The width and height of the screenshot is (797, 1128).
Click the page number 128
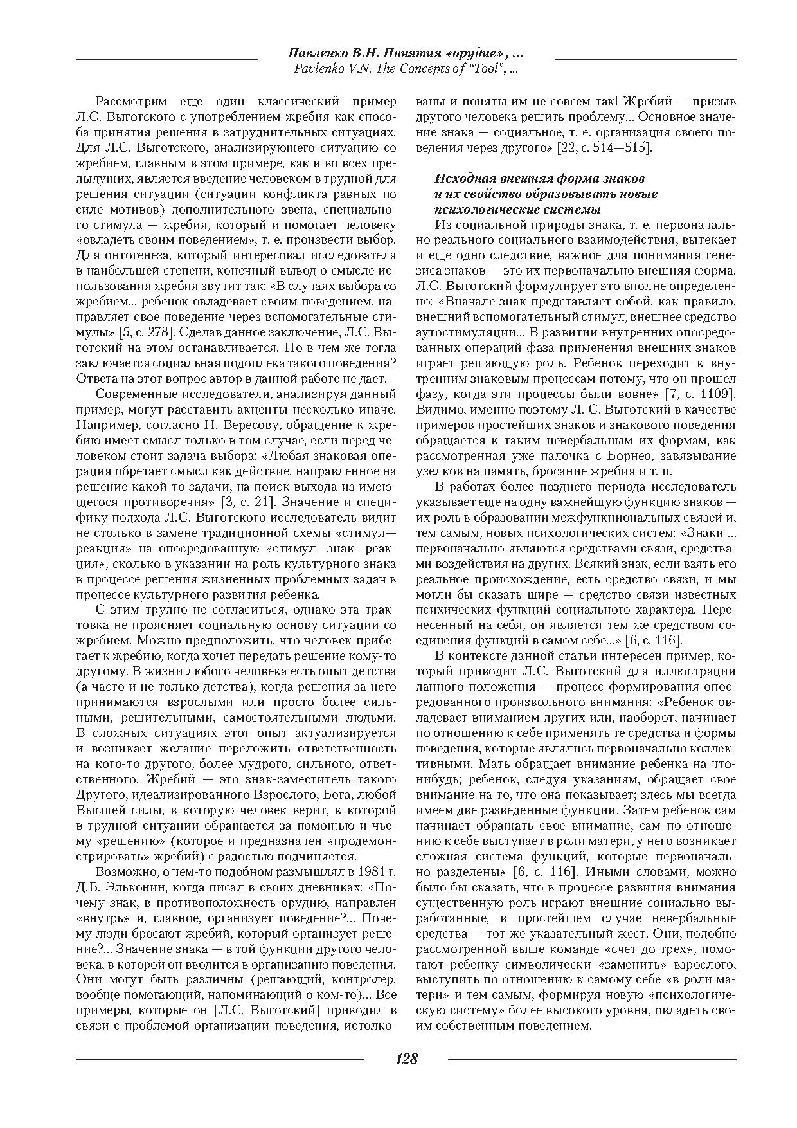(406, 1059)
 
